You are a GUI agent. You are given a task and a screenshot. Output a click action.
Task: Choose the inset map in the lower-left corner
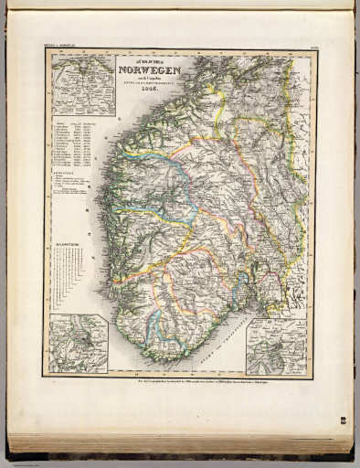(79, 344)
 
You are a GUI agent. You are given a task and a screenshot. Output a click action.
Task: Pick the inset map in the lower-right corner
(276, 346)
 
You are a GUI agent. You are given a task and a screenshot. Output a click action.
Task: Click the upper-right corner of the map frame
(315, 49)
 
